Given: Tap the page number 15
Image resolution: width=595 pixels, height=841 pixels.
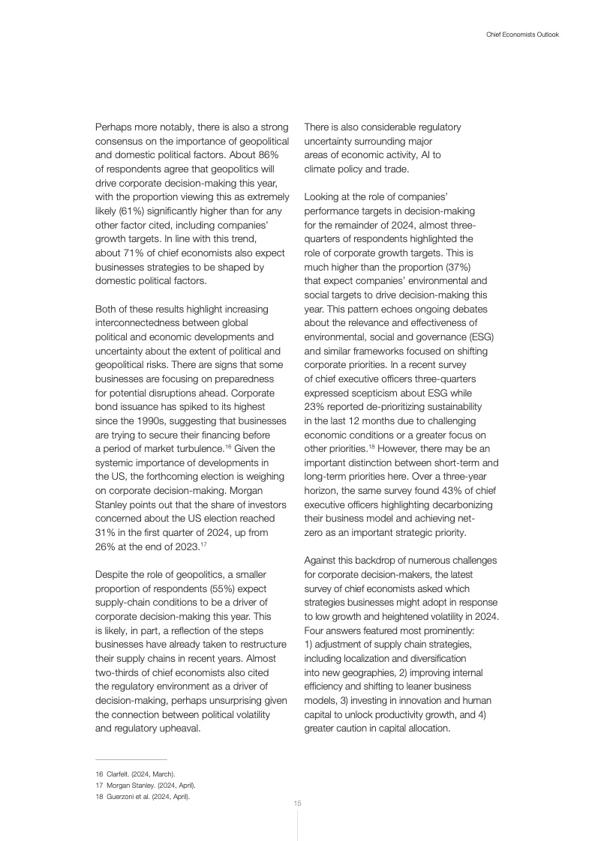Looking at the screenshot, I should click(297, 804).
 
